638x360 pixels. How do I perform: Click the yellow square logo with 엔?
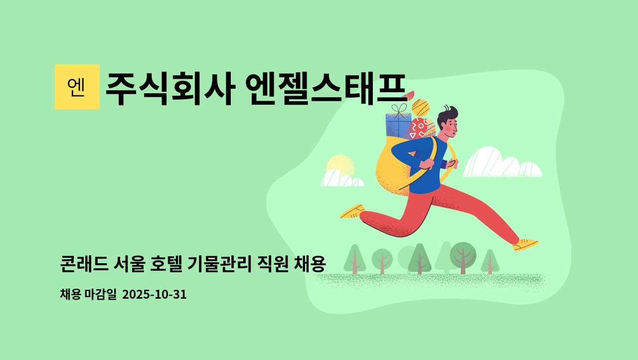click(x=77, y=87)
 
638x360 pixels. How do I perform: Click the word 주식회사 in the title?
click(x=170, y=89)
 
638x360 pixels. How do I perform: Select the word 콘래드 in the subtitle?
click(x=84, y=264)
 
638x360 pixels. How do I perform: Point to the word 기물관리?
click(x=219, y=264)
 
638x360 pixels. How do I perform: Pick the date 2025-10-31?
click(x=155, y=294)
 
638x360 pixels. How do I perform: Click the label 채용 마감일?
click(x=88, y=294)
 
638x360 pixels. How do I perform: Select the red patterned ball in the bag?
click(x=418, y=129)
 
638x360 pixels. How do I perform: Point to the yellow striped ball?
click(x=420, y=108)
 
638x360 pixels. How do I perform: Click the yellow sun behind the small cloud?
click(x=340, y=165)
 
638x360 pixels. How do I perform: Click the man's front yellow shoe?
click(x=525, y=245)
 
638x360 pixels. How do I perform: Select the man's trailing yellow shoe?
click(x=352, y=211)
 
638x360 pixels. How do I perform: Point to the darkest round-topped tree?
click(x=463, y=256)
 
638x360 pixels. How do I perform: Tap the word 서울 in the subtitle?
click(x=129, y=264)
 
